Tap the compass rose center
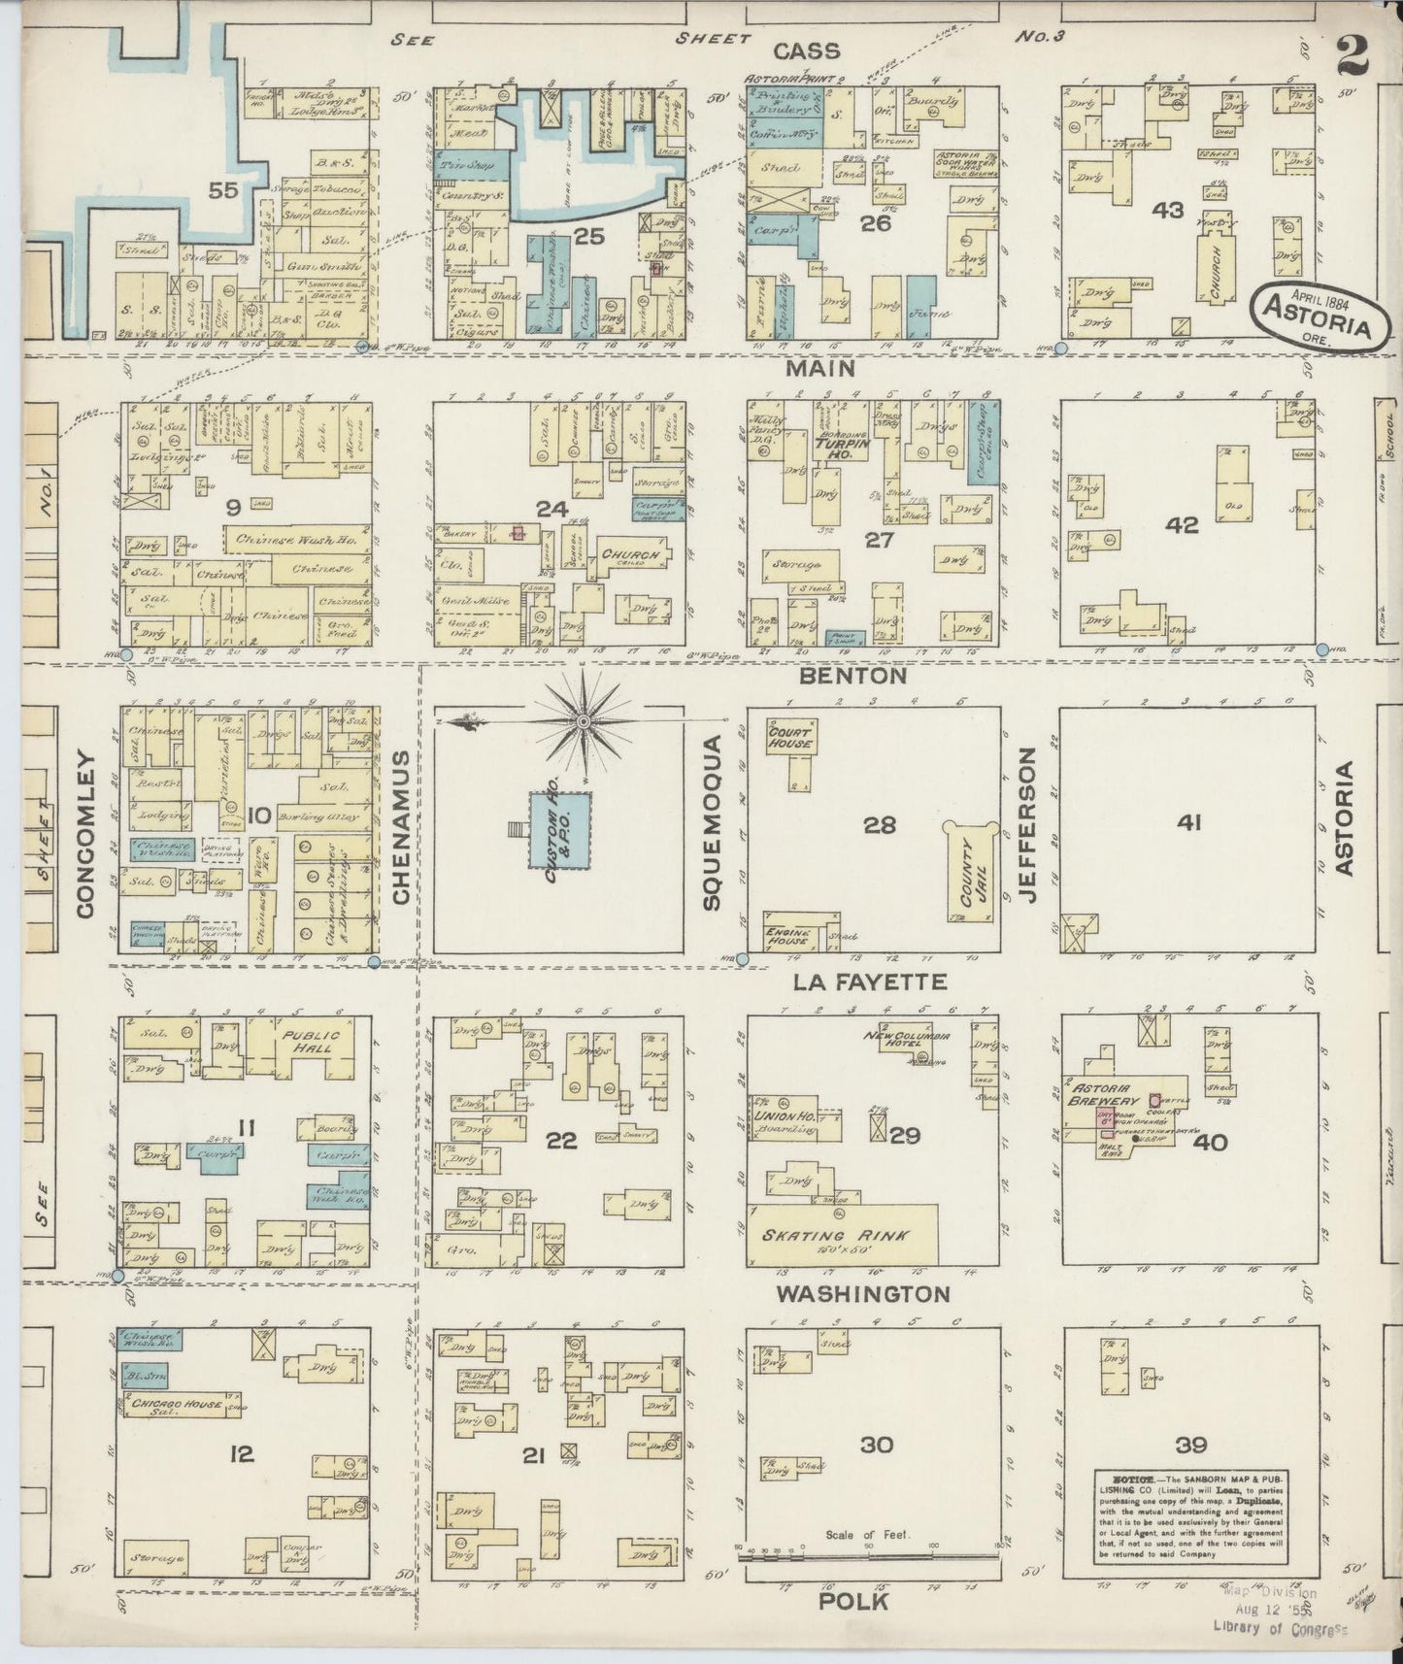tap(583, 722)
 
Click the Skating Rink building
tap(842, 1236)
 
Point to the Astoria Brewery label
tap(1102, 1094)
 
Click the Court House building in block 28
tap(791, 736)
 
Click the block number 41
tap(1189, 823)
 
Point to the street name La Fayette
tap(869, 982)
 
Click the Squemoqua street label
tap(714, 822)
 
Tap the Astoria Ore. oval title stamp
tap(1319, 313)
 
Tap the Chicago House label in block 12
tap(172, 1405)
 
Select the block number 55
tap(223, 190)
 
